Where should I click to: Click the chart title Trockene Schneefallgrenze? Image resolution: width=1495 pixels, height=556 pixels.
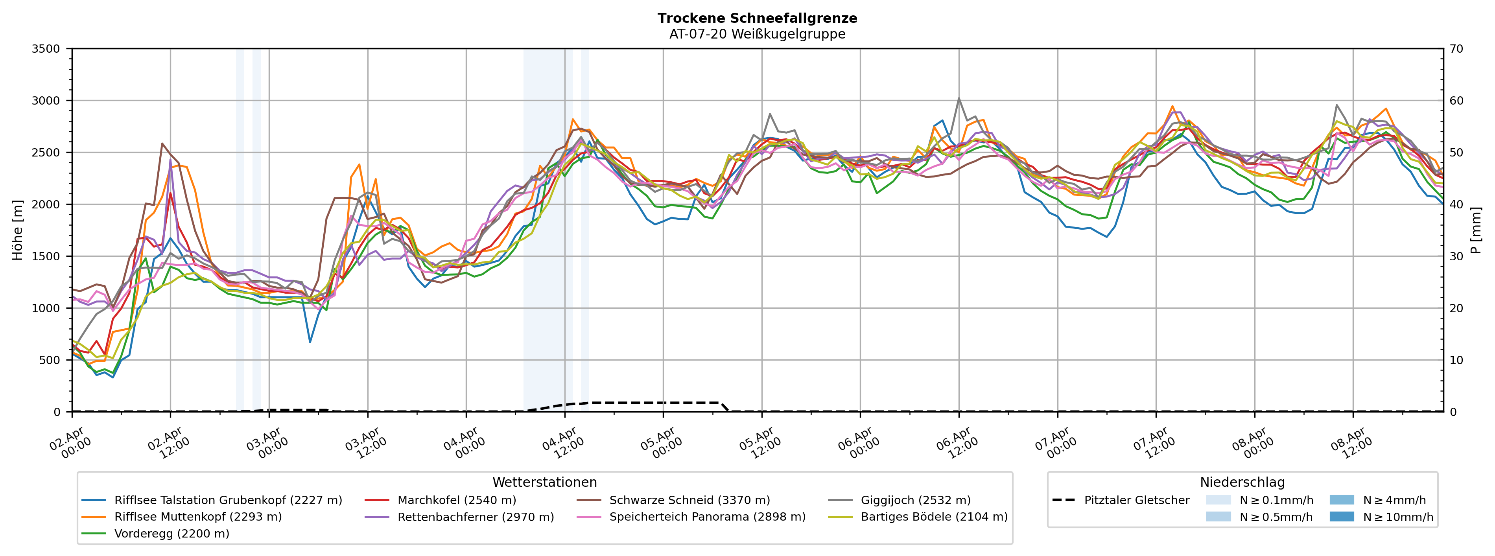[757, 18]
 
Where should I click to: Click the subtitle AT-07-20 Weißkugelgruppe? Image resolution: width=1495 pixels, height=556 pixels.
[757, 34]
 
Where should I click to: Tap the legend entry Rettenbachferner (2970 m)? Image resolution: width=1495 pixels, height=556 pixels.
[475, 517]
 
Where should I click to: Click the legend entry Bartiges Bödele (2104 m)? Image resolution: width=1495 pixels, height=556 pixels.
[934, 517]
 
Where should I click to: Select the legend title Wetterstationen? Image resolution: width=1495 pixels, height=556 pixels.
[544, 482]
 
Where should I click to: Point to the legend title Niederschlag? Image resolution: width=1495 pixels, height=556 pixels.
[1242, 482]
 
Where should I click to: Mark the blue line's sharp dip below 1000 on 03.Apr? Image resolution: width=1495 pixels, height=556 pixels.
[310, 342]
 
